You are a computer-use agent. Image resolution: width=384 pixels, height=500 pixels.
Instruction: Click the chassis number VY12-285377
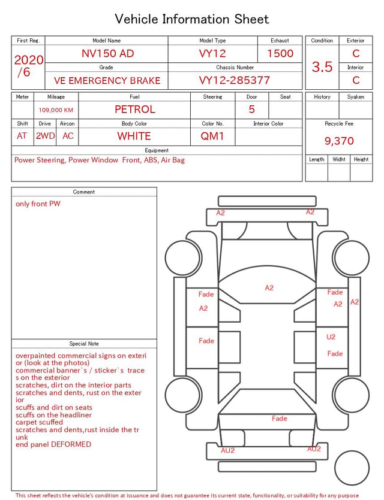click(x=235, y=80)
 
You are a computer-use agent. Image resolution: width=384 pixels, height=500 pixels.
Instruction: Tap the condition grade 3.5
click(x=322, y=67)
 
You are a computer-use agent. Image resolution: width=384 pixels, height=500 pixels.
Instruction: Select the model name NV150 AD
click(x=107, y=53)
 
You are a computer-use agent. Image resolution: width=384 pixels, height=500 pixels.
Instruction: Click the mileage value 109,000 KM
click(x=56, y=110)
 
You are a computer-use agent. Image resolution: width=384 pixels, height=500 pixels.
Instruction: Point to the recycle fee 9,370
click(x=339, y=141)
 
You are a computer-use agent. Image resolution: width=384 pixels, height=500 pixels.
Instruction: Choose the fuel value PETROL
click(x=135, y=110)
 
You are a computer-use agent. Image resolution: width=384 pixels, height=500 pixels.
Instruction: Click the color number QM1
click(x=212, y=136)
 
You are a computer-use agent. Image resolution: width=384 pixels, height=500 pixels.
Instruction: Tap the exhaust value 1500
click(x=280, y=53)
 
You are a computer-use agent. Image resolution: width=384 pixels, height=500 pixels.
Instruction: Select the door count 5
click(x=252, y=110)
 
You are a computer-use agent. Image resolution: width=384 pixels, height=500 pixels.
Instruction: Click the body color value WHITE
click(x=134, y=136)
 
